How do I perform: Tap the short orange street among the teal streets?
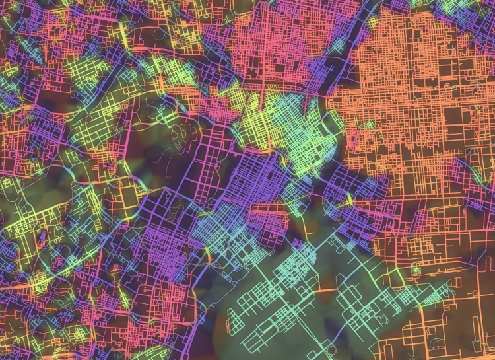point(326,289)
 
